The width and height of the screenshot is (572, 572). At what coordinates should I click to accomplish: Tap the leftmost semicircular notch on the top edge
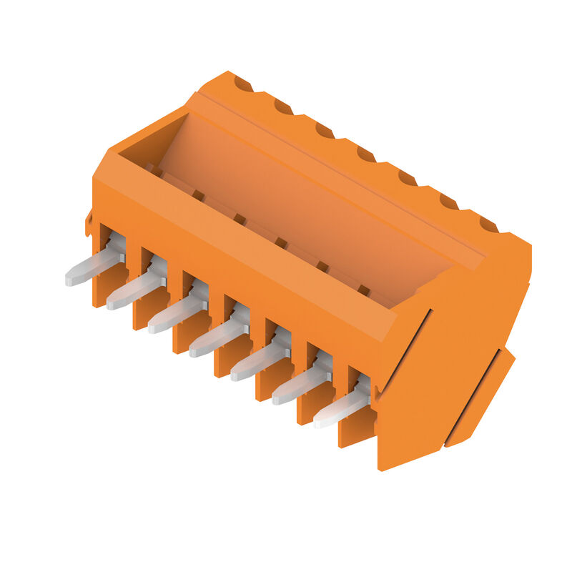click(x=243, y=85)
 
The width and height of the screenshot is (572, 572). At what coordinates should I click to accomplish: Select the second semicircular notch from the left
click(x=284, y=108)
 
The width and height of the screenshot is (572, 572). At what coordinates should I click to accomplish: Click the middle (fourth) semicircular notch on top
click(x=366, y=154)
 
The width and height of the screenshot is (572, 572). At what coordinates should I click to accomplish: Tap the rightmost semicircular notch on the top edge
click(x=489, y=225)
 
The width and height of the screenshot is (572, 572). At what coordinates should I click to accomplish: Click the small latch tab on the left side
click(x=89, y=223)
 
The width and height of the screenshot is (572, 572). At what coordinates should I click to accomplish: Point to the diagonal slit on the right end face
click(x=404, y=350)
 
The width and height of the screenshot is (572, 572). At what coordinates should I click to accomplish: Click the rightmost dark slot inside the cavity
click(x=364, y=290)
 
